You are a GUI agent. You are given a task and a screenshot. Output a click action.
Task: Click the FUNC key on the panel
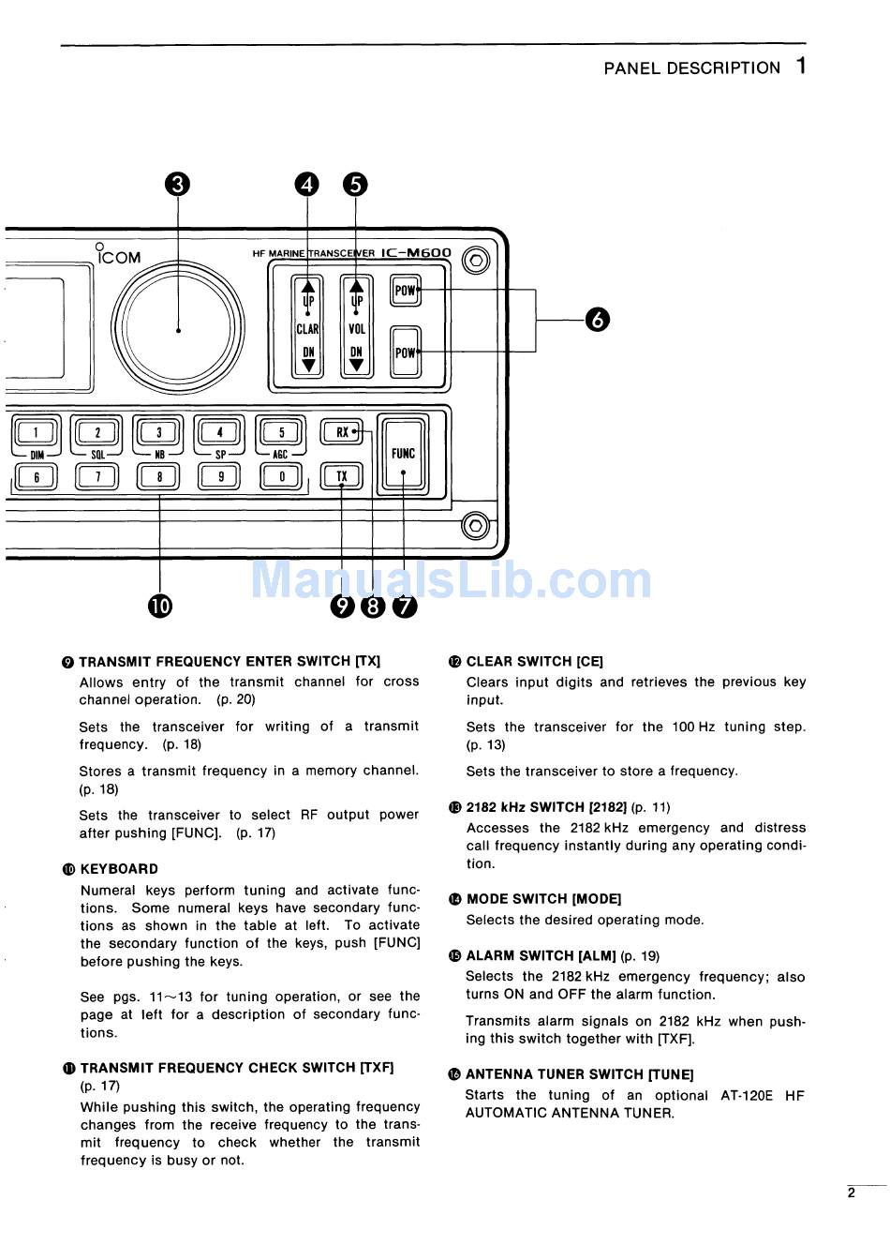[x=403, y=454]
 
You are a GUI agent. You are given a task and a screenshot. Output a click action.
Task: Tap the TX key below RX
[x=341, y=476]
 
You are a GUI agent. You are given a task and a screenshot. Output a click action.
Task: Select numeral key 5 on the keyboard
[x=281, y=432]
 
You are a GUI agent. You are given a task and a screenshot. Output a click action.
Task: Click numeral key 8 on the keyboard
[x=159, y=477]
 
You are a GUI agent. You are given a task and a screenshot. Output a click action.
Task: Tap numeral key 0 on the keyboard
[x=281, y=477]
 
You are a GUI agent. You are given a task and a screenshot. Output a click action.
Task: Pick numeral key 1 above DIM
[x=37, y=432]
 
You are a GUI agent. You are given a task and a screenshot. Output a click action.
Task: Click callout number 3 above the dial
[x=177, y=185]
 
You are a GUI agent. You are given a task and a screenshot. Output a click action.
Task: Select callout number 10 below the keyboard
[x=160, y=607]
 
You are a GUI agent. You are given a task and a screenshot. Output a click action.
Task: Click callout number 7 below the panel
[x=405, y=607]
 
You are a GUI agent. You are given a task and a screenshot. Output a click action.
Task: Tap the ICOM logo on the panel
[x=119, y=256]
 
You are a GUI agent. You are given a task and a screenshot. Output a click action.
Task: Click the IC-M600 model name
[x=417, y=253]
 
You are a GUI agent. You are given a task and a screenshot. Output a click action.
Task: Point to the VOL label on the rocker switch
[x=356, y=329]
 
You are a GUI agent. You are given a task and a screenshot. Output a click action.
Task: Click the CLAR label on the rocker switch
[x=307, y=329]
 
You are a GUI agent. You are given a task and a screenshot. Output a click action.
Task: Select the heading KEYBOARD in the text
[x=119, y=869]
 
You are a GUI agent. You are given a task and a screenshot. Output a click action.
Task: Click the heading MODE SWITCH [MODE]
[x=543, y=899]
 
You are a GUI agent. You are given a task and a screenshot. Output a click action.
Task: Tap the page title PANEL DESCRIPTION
[x=691, y=68]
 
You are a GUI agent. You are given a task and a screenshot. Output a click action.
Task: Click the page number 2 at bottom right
[x=851, y=1193]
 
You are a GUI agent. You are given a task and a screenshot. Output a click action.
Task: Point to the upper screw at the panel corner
[x=476, y=260]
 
